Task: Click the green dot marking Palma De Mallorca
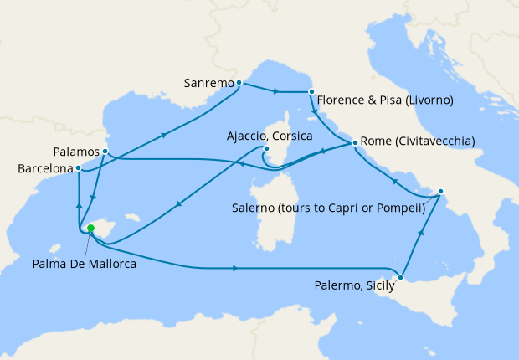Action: coord(90,228)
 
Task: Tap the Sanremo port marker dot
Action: coord(239,82)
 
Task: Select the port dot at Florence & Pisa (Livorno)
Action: coord(311,92)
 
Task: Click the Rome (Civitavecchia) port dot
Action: coord(355,142)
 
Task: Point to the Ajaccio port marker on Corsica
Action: coord(265,150)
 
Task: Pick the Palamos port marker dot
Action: coord(105,152)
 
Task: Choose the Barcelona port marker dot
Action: coord(79,167)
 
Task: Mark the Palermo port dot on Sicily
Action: coord(402,277)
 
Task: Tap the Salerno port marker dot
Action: coord(440,192)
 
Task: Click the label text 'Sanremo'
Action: coord(208,83)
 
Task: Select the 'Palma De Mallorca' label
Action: coord(85,264)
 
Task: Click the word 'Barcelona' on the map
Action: coord(44,168)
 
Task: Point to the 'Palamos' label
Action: coord(75,152)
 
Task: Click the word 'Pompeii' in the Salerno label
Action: coord(400,207)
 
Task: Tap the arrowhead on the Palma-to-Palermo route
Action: coord(237,269)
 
